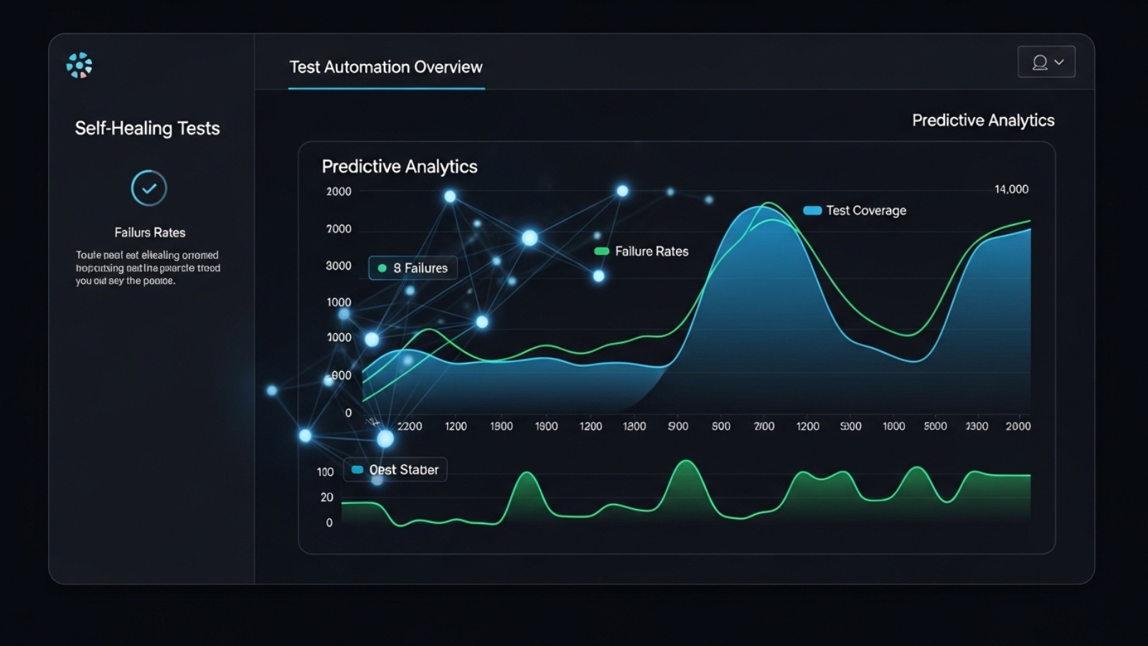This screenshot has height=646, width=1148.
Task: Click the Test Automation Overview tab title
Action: pyautogui.click(x=386, y=67)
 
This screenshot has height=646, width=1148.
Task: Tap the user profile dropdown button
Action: pyautogui.click(x=1046, y=62)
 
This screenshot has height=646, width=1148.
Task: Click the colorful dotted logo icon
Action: pyautogui.click(x=79, y=65)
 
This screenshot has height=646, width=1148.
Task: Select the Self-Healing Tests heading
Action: pyautogui.click(x=147, y=128)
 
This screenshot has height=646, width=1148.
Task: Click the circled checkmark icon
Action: pyautogui.click(x=149, y=188)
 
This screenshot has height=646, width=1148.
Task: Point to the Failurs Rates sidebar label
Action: pyautogui.click(x=150, y=233)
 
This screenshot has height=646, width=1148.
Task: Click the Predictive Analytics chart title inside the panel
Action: pyautogui.click(x=400, y=167)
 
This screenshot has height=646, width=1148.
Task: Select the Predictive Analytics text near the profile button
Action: pyautogui.click(x=983, y=121)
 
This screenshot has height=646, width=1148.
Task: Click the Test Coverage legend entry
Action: pyautogui.click(x=855, y=210)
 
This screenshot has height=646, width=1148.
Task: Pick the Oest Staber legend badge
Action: pyautogui.click(x=395, y=470)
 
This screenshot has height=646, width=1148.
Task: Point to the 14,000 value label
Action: pyautogui.click(x=1011, y=189)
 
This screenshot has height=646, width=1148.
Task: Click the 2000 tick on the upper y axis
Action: pyautogui.click(x=339, y=192)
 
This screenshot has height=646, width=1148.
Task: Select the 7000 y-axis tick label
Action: pyautogui.click(x=339, y=229)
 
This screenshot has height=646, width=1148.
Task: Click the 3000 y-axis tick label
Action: pyautogui.click(x=339, y=266)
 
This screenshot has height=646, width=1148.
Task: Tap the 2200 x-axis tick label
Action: pyautogui.click(x=410, y=426)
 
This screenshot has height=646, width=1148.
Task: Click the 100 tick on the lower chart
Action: pyautogui.click(x=325, y=472)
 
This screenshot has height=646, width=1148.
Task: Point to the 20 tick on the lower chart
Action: pyautogui.click(x=326, y=497)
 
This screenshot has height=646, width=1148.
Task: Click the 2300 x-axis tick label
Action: pyautogui.click(x=977, y=426)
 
